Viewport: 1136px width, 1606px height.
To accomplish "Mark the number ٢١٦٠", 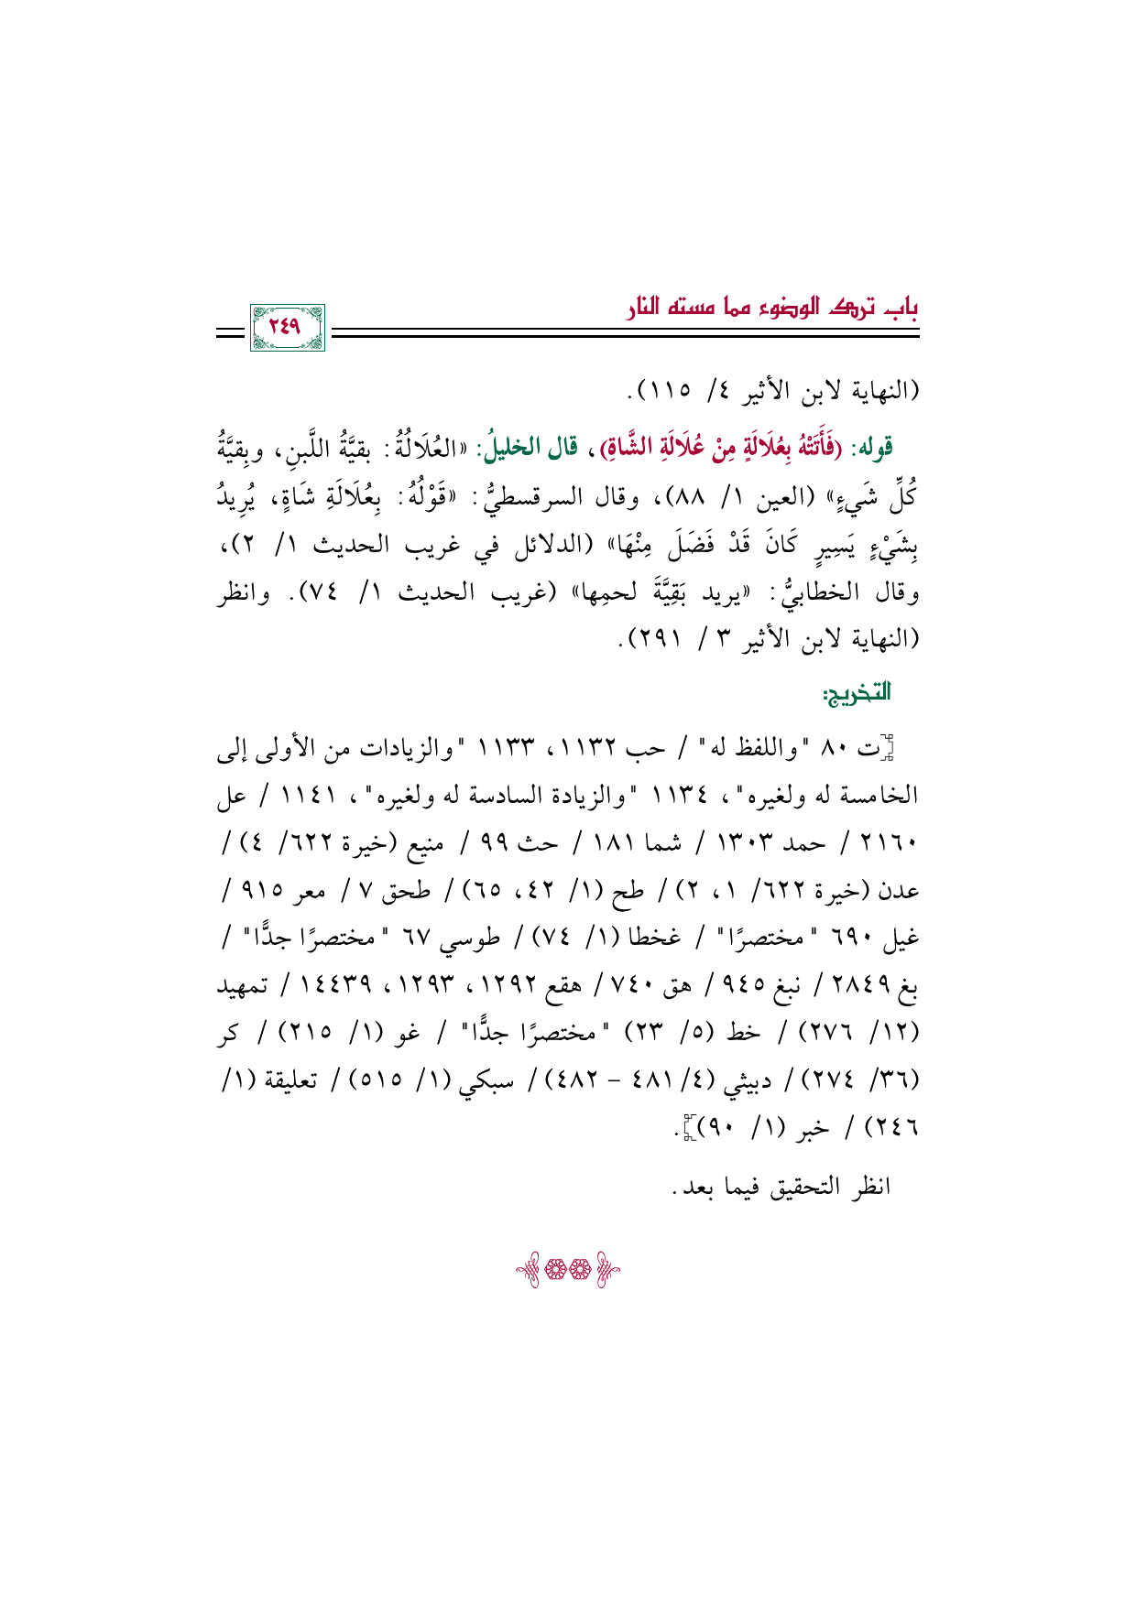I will [892, 844].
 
